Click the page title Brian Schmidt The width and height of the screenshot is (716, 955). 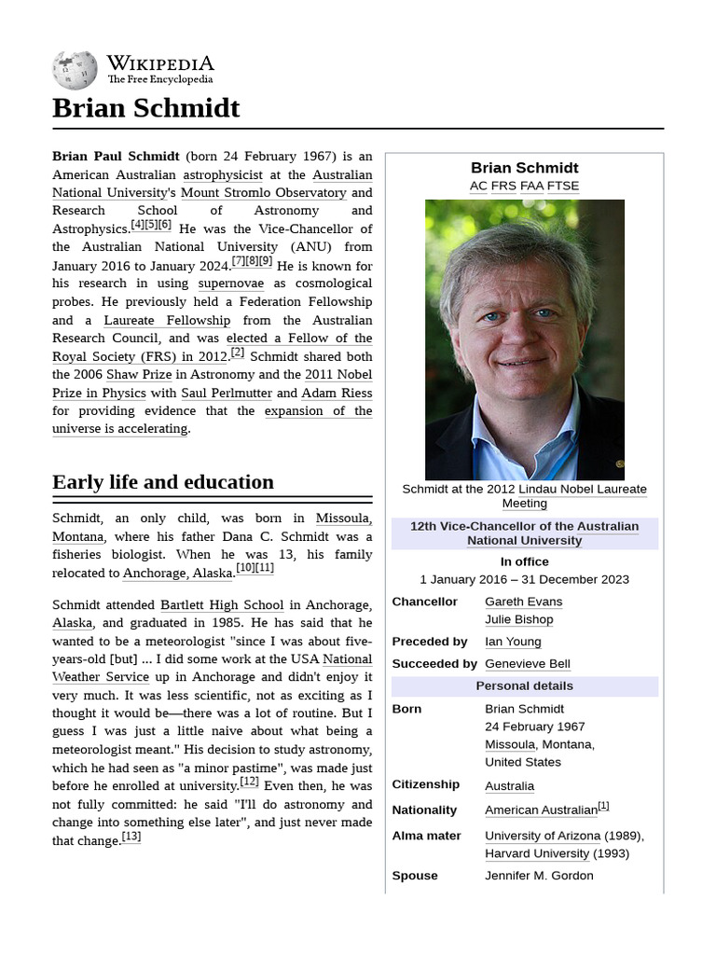tap(146, 108)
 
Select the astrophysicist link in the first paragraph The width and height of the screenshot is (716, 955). tap(223, 174)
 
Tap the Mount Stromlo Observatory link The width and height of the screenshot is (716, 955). tap(263, 193)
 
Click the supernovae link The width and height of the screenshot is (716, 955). tap(230, 284)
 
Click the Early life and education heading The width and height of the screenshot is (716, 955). tap(163, 482)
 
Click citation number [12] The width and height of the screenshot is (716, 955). tap(249, 782)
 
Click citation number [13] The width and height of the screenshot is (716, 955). tap(131, 837)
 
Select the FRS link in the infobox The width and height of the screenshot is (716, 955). tap(503, 186)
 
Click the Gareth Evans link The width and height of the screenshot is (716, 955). tap(523, 602)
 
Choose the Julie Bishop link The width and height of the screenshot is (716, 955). tap(518, 619)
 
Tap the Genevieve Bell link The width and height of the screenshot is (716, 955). tap(528, 664)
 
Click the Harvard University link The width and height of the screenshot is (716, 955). tap(537, 853)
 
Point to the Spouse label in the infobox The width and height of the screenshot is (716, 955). tap(415, 876)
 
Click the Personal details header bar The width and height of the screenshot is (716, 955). tap(524, 686)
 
